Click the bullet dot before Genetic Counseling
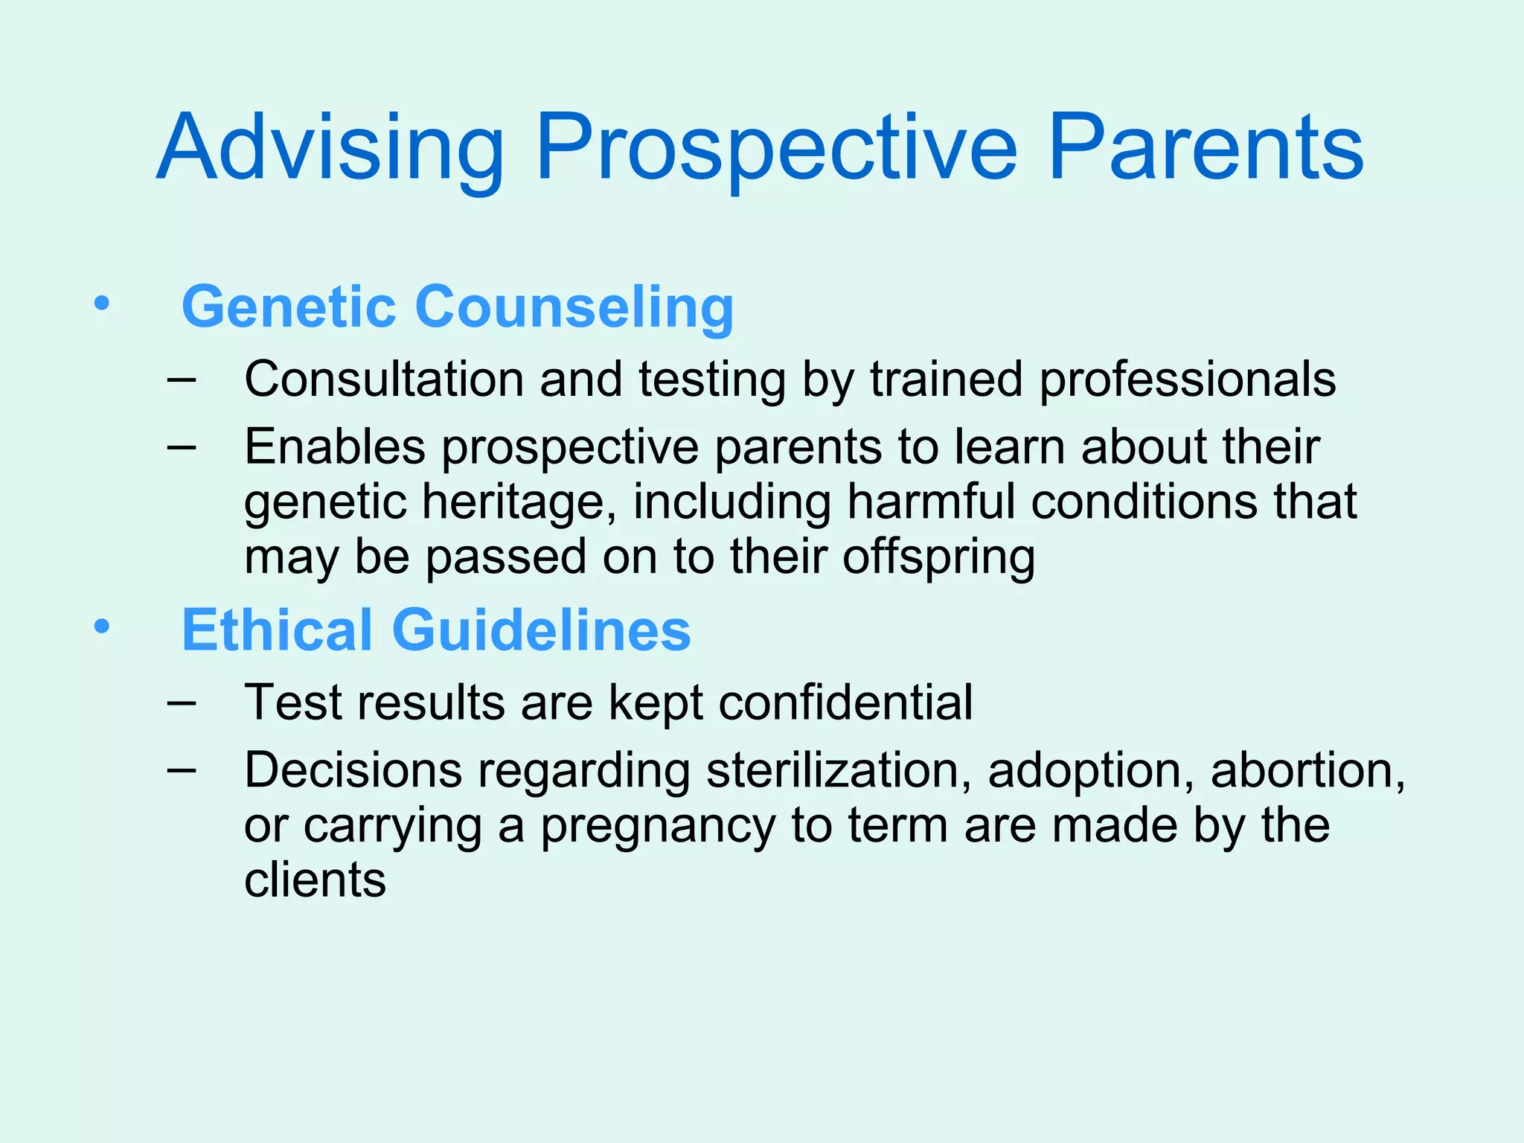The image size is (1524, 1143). (x=101, y=304)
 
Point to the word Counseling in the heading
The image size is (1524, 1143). (x=574, y=306)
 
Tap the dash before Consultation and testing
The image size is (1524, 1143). (x=182, y=379)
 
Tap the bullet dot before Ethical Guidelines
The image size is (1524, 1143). (x=101, y=627)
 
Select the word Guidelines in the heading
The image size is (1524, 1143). (x=541, y=630)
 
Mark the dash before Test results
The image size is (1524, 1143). (x=182, y=702)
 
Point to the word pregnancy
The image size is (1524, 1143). (x=658, y=826)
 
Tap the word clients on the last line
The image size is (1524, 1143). (x=315, y=880)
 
